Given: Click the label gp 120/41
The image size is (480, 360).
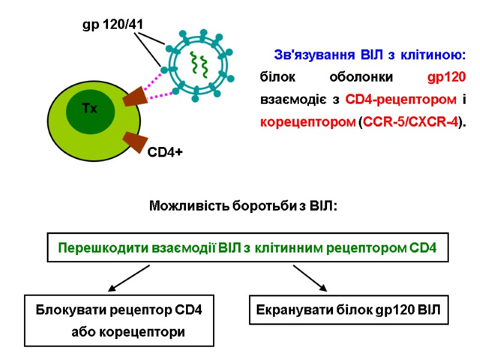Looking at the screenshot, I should pyautogui.click(x=113, y=25).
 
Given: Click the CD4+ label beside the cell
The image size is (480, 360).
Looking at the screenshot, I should pyautogui.click(x=165, y=153).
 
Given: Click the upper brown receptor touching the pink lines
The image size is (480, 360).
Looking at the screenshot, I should pyautogui.click(x=134, y=95).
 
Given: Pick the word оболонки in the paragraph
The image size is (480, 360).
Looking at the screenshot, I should pyautogui.click(x=362, y=78).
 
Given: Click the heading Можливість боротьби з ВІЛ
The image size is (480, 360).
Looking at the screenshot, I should pyautogui.click(x=242, y=207).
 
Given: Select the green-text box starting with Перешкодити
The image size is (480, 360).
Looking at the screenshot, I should pyautogui.click(x=247, y=247).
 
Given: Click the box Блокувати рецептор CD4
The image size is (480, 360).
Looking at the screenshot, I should pyautogui.click(x=119, y=320).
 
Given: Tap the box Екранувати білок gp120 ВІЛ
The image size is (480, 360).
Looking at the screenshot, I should pyautogui.click(x=349, y=311).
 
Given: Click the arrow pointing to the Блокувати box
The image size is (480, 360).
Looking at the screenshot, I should pyautogui.click(x=128, y=278).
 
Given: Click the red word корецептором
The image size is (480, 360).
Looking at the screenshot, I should pyautogui.click(x=307, y=122).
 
